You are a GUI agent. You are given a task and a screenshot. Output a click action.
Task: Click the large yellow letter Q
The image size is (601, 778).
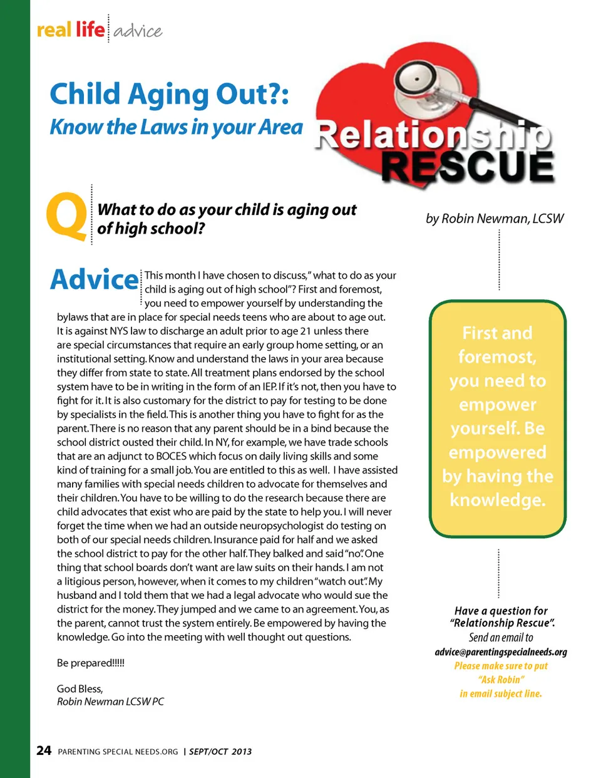pos(66,217)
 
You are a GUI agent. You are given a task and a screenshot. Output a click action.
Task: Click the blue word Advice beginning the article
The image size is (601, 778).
pos(94,279)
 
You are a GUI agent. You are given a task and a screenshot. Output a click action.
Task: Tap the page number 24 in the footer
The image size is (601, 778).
pos(44,750)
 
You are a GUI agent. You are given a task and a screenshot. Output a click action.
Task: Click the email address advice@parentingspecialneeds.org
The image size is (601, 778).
pos(501,652)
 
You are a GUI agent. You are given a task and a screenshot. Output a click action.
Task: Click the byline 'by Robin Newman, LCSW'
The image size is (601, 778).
pos(495,219)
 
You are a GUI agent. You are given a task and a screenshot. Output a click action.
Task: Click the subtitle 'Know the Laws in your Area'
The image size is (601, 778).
pos(176,127)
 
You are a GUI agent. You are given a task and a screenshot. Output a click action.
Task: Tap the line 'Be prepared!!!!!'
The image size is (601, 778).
pos(91,663)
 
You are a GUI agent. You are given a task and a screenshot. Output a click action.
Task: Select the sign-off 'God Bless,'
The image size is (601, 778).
pos(80,688)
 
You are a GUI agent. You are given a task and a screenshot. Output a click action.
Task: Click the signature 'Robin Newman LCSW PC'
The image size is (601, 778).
pos(110,702)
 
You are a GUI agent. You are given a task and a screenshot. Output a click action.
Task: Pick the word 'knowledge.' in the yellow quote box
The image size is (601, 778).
pos(498,500)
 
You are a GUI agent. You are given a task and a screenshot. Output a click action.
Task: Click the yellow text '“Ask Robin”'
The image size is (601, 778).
pos(501,680)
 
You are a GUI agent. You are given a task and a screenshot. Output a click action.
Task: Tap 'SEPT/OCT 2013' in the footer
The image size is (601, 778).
pos(220,752)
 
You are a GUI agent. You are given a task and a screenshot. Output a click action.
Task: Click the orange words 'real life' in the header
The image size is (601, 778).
pos(71,29)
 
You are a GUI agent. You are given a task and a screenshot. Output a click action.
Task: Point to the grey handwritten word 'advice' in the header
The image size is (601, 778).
pos(138,31)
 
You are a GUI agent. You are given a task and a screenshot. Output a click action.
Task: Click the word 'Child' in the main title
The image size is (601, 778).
pos(85,95)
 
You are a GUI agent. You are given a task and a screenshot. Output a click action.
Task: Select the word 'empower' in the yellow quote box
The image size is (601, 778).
pos(498,405)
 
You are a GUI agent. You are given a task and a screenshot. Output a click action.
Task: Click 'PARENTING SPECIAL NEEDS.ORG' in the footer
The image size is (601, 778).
pos(118,752)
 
